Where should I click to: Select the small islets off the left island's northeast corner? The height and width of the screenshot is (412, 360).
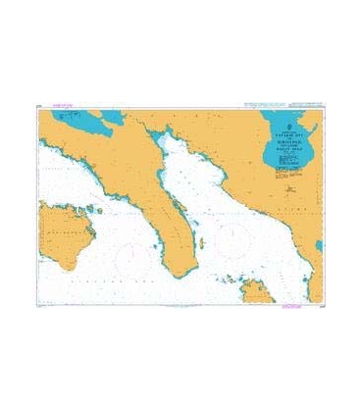[x=94, y=208]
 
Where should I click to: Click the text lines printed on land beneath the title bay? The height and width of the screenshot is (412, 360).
[x=286, y=173]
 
